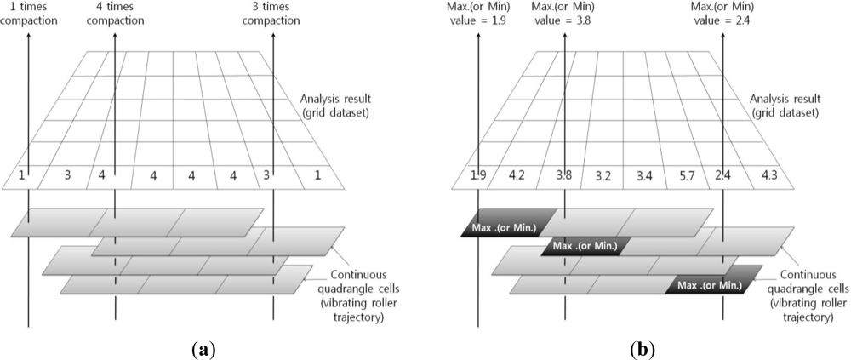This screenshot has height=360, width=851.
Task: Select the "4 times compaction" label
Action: coord(115,14)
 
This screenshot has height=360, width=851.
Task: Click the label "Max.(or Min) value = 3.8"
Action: coord(565,14)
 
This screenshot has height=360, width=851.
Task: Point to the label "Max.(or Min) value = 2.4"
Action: coord(724,14)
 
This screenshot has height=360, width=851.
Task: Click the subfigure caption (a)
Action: coord(204,347)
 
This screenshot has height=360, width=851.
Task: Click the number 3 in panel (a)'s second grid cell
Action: coord(68,176)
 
